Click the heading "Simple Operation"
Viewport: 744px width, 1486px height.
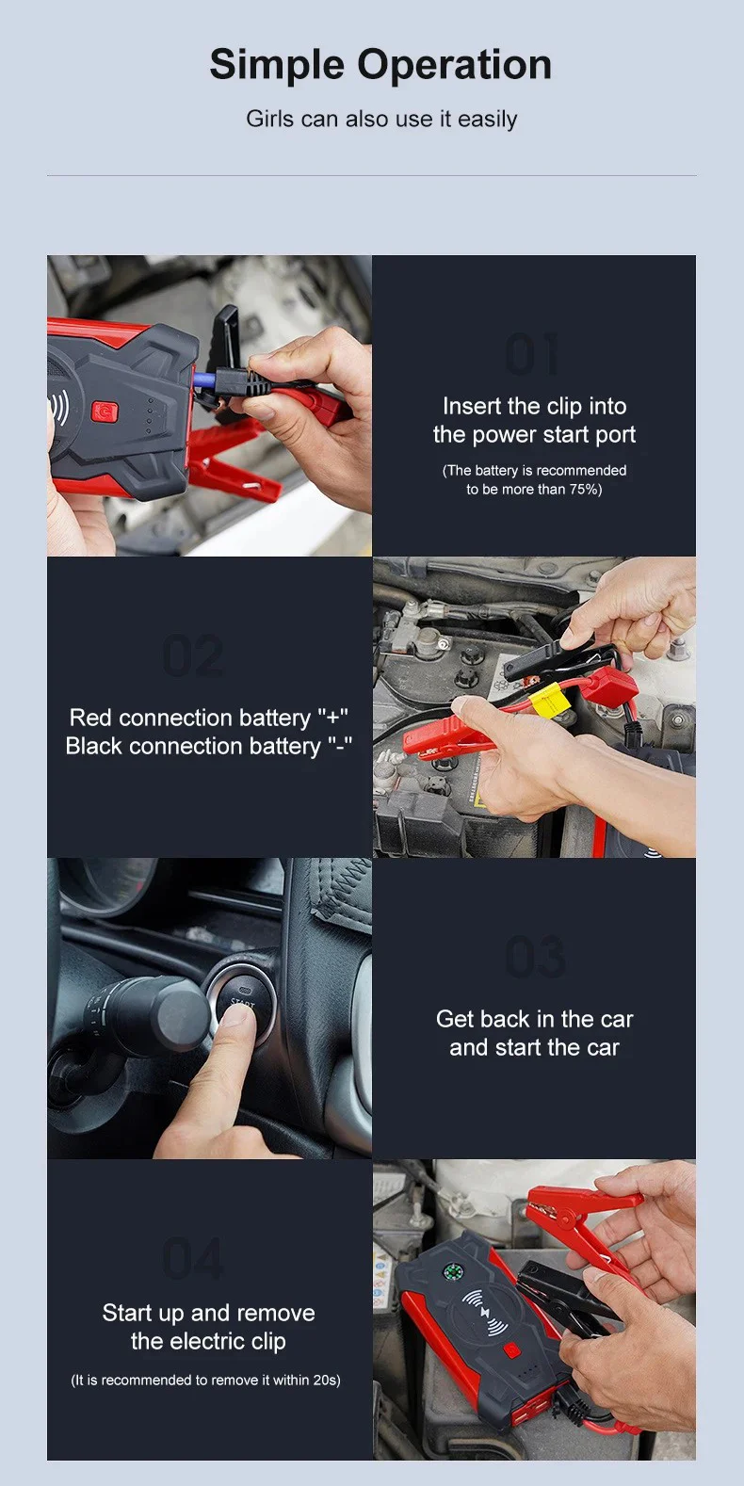click(x=380, y=65)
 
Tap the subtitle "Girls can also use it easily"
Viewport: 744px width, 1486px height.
click(x=381, y=120)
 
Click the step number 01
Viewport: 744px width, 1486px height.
click(x=533, y=356)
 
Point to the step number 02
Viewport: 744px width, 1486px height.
click(x=193, y=657)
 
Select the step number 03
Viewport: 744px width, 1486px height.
click(x=535, y=959)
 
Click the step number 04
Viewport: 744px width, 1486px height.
click(x=193, y=1260)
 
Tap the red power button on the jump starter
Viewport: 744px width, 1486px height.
click(x=104, y=412)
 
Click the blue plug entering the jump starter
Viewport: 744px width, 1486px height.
click(x=203, y=380)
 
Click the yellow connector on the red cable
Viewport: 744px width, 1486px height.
click(x=547, y=700)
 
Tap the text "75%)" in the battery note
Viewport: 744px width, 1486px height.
click(x=585, y=490)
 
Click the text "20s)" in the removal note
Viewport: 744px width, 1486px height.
click(x=326, y=1381)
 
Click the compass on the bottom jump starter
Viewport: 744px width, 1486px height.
click(x=452, y=1272)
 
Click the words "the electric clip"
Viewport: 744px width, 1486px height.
click(x=208, y=1341)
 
